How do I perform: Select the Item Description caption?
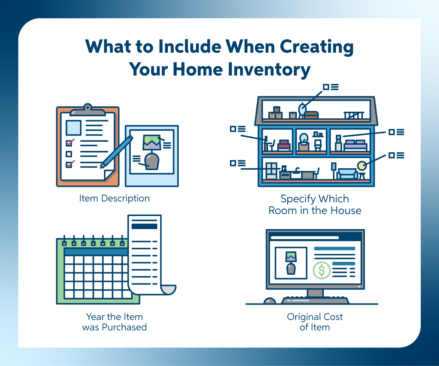pos(114,198)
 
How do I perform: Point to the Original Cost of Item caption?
pos(315,322)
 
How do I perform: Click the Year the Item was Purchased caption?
pos(114,322)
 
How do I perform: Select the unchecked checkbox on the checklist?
pos(69,154)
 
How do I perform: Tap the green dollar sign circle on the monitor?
pos(321,270)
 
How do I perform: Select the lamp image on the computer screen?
pos(291,263)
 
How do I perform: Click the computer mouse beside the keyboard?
pos(270,301)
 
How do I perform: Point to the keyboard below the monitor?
pos(315,300)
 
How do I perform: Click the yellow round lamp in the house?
pos(361,166)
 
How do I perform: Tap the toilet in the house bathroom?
pos(318,145)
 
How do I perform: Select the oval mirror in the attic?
pos(302,109)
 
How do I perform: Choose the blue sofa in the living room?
pos(347,174)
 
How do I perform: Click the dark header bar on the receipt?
pos(144,226)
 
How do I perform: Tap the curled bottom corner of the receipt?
pos(169,289)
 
